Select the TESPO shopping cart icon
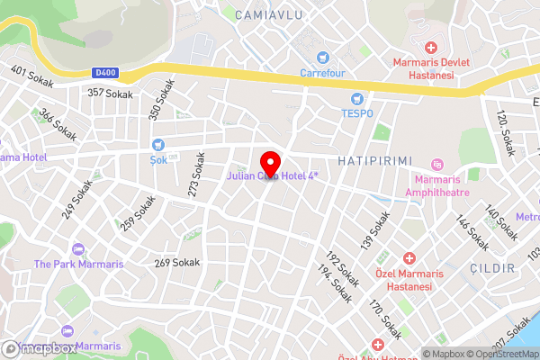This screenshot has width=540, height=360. tap(358, 98)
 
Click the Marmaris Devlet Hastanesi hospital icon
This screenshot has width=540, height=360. tap(431, 47)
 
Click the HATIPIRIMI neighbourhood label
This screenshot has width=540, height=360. tap(374, 160)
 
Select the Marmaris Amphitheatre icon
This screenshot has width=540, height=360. tap(437, 164)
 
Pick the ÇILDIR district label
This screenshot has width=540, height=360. tap(491, 268)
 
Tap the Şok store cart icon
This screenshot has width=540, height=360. tap(158, 144)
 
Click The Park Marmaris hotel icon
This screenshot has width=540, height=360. tap(77, 248)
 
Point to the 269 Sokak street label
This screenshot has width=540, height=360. tap(176, 263)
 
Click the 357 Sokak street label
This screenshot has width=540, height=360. tap(109, 93)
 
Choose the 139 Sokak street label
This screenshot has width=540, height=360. tap(375, 230)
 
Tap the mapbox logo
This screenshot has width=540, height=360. tap(39, 348)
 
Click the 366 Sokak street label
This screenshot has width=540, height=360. tap(57, 125)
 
